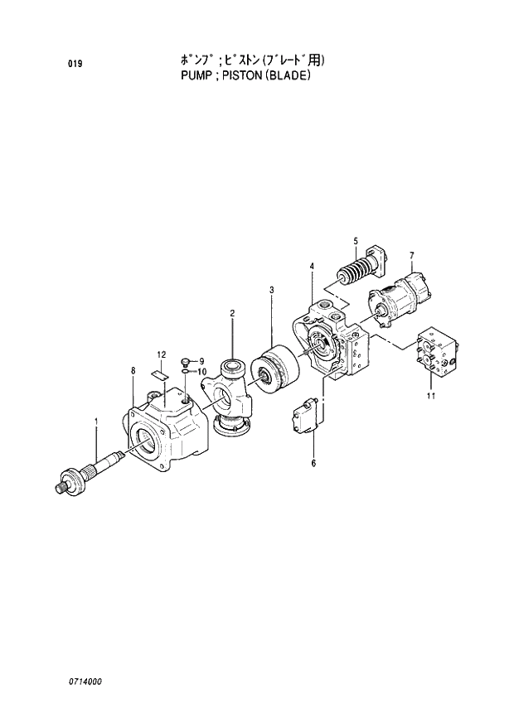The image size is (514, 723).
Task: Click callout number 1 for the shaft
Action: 96,422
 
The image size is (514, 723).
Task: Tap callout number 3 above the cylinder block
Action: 272,290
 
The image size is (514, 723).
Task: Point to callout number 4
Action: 312,266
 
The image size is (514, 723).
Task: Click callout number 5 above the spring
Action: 355,241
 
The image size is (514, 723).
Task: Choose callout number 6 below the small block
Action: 313,463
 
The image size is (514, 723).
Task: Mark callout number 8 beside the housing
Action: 132,370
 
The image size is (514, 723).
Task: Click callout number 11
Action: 430,396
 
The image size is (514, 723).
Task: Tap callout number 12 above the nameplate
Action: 162,354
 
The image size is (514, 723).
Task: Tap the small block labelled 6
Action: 303,416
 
